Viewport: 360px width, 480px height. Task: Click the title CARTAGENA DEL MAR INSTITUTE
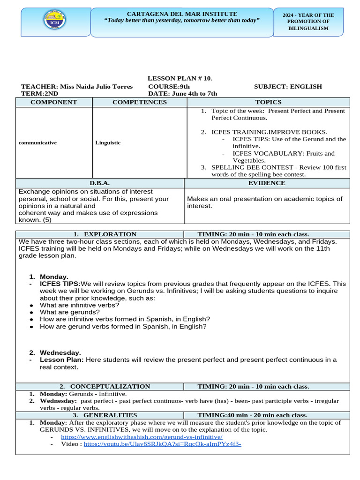tap(182, 14)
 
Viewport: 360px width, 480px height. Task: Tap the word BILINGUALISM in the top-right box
tap(308, 28)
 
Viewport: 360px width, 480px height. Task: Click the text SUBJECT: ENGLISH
tap(288, 86)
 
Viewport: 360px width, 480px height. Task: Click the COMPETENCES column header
tap(139, 102)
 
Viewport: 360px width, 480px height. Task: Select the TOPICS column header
tap(268, 102)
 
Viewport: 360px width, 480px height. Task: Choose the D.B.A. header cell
tap(100, 183)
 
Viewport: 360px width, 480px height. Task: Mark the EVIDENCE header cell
tap(267, 183)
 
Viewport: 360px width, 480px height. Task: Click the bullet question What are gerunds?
tap(69, 312)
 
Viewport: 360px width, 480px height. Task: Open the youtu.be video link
tap(162, 444)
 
